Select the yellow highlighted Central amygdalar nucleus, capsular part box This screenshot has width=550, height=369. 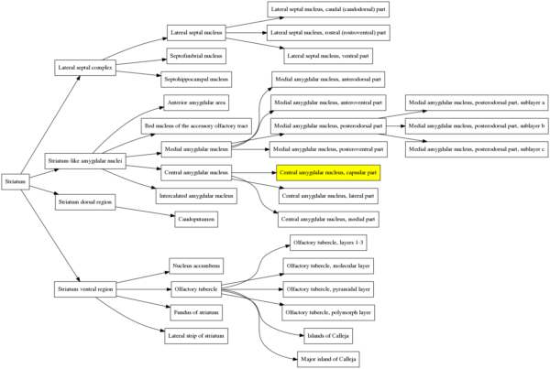(x=327, y=171)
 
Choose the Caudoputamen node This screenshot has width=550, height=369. (x=195, y=219)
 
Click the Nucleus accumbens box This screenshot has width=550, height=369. (x=195, y=266)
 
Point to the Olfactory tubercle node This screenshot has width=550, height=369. (x=195, y=289)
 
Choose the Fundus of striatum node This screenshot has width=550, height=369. (x=195, y=313)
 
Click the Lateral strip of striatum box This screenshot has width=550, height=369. (x=195, y=337)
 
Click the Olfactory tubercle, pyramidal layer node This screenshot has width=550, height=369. (x=327, y=289)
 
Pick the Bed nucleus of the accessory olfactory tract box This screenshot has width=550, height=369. (x=195, y=125)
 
